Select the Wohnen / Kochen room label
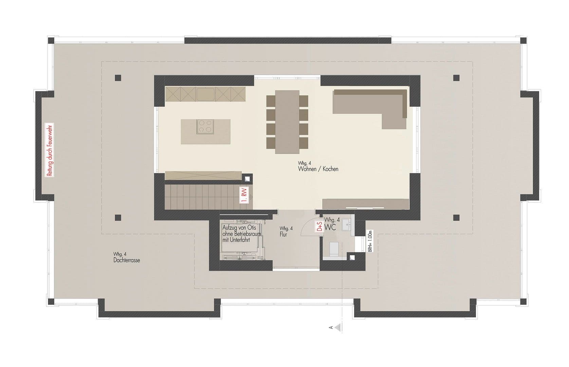(318, 169)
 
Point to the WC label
(330, 227)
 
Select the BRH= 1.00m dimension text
(370, 241)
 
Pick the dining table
(287, 121)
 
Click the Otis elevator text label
(239, 233)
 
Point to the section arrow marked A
(337, 328)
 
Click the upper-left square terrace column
(118, 78)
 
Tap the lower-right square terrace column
(456, 217)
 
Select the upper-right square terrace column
(456, 78)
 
